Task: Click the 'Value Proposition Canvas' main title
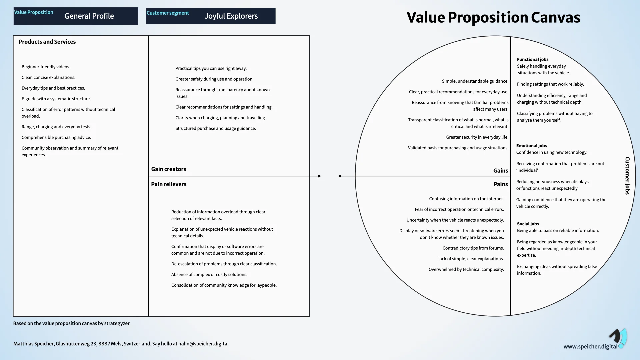coord(493,17)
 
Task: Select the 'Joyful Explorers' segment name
coord(231,16)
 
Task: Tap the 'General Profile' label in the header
coord(89,16)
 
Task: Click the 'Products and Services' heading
coord(47,42)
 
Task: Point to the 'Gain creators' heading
coord(169,169)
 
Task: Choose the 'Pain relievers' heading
coord(169,184)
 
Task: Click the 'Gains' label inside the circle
coord(501,171)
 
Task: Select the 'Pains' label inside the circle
coord(501,184)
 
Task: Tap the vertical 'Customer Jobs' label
coord(627,176)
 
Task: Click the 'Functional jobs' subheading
coord(533,59)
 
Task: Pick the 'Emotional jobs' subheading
coord(532,146)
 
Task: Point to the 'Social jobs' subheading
coord(528,224)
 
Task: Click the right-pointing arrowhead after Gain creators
coord(319,176)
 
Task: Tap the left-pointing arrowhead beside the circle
coord(340,176)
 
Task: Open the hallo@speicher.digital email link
coord(203,344)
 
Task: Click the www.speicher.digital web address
coord(590,346)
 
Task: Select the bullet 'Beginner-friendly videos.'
coord(46,67)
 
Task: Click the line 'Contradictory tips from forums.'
coord(473,248)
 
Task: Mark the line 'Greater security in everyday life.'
coord(477,137)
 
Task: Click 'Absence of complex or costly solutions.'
coord(209,274)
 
